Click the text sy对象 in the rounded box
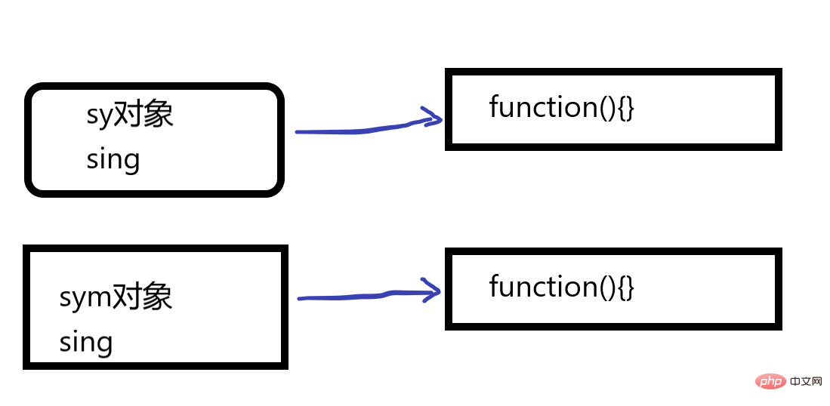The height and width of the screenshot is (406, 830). coord(130,115)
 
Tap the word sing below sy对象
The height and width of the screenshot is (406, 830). coord(113,159)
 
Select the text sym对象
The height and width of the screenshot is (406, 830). coord(116,297)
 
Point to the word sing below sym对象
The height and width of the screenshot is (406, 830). coord(86,342)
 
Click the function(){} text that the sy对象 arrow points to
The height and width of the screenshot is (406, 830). coord(562,107)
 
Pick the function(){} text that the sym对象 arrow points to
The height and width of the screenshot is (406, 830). coord(562,287)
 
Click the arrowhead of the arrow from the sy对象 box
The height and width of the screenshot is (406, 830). coord(433,118)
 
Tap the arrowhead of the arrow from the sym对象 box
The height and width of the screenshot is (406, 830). coord(433,291)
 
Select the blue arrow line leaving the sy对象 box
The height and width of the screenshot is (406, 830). coord(355,130)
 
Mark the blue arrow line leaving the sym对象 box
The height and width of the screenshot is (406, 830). coord(355,297)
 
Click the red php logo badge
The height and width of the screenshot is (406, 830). coord(770,381)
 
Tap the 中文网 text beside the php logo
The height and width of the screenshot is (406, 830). coord(806,381)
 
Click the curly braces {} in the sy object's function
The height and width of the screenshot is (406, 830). coord(626,108)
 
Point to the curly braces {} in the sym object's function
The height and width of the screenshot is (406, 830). coord(626,288)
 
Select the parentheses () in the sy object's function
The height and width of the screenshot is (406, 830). coord(607,108)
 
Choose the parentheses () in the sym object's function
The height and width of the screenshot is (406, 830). coord(607,288)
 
